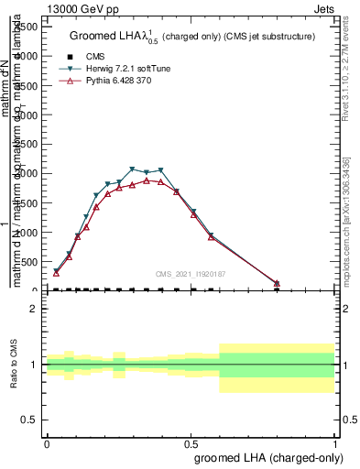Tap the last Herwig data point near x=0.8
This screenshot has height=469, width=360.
point(277,284)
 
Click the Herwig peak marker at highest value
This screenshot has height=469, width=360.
point(133,169)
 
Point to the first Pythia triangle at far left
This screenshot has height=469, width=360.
point(56,273)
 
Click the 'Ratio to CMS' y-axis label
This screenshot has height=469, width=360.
point(16,365)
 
